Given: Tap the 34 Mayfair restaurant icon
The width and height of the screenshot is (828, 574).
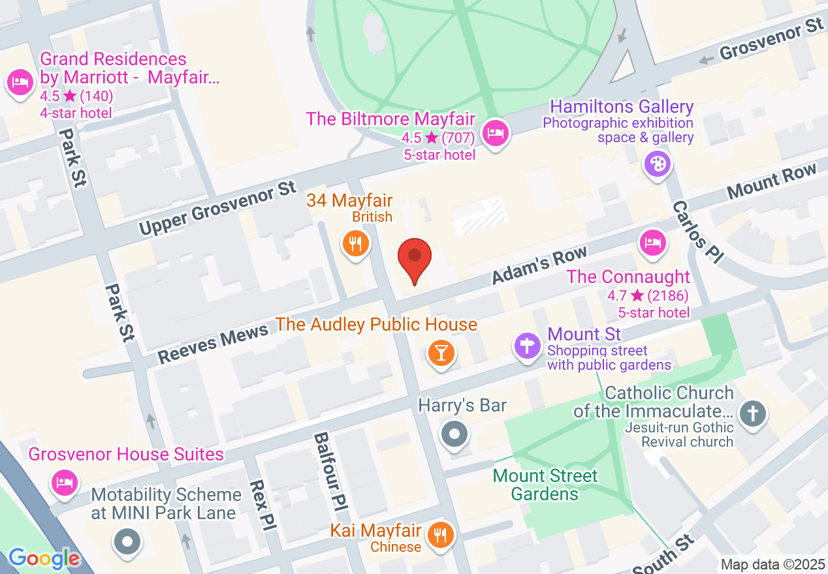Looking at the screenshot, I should [356, 244].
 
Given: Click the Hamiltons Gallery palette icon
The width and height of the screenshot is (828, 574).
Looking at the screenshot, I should [657, 164].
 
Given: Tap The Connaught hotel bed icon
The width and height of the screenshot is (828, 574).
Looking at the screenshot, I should [652, 243].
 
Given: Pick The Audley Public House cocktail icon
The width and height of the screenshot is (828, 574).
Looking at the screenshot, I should [441, 353].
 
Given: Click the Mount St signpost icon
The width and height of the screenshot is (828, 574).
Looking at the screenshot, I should [528, 346].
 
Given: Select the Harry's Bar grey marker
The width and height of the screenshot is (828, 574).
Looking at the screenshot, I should [455, 434].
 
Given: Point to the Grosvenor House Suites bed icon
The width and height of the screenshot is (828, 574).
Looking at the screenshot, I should [64, 483].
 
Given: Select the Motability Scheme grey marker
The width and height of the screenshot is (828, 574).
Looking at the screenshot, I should [127, 541].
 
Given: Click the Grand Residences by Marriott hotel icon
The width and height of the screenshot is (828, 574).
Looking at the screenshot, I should [20, 82].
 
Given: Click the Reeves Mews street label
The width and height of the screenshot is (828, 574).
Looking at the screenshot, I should [213, 344].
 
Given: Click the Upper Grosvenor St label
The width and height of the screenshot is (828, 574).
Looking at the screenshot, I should [217, 208].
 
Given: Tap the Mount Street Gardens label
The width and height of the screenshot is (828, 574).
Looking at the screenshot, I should [545, 485].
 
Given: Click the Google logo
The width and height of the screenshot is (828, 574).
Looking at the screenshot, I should [44, 558].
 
